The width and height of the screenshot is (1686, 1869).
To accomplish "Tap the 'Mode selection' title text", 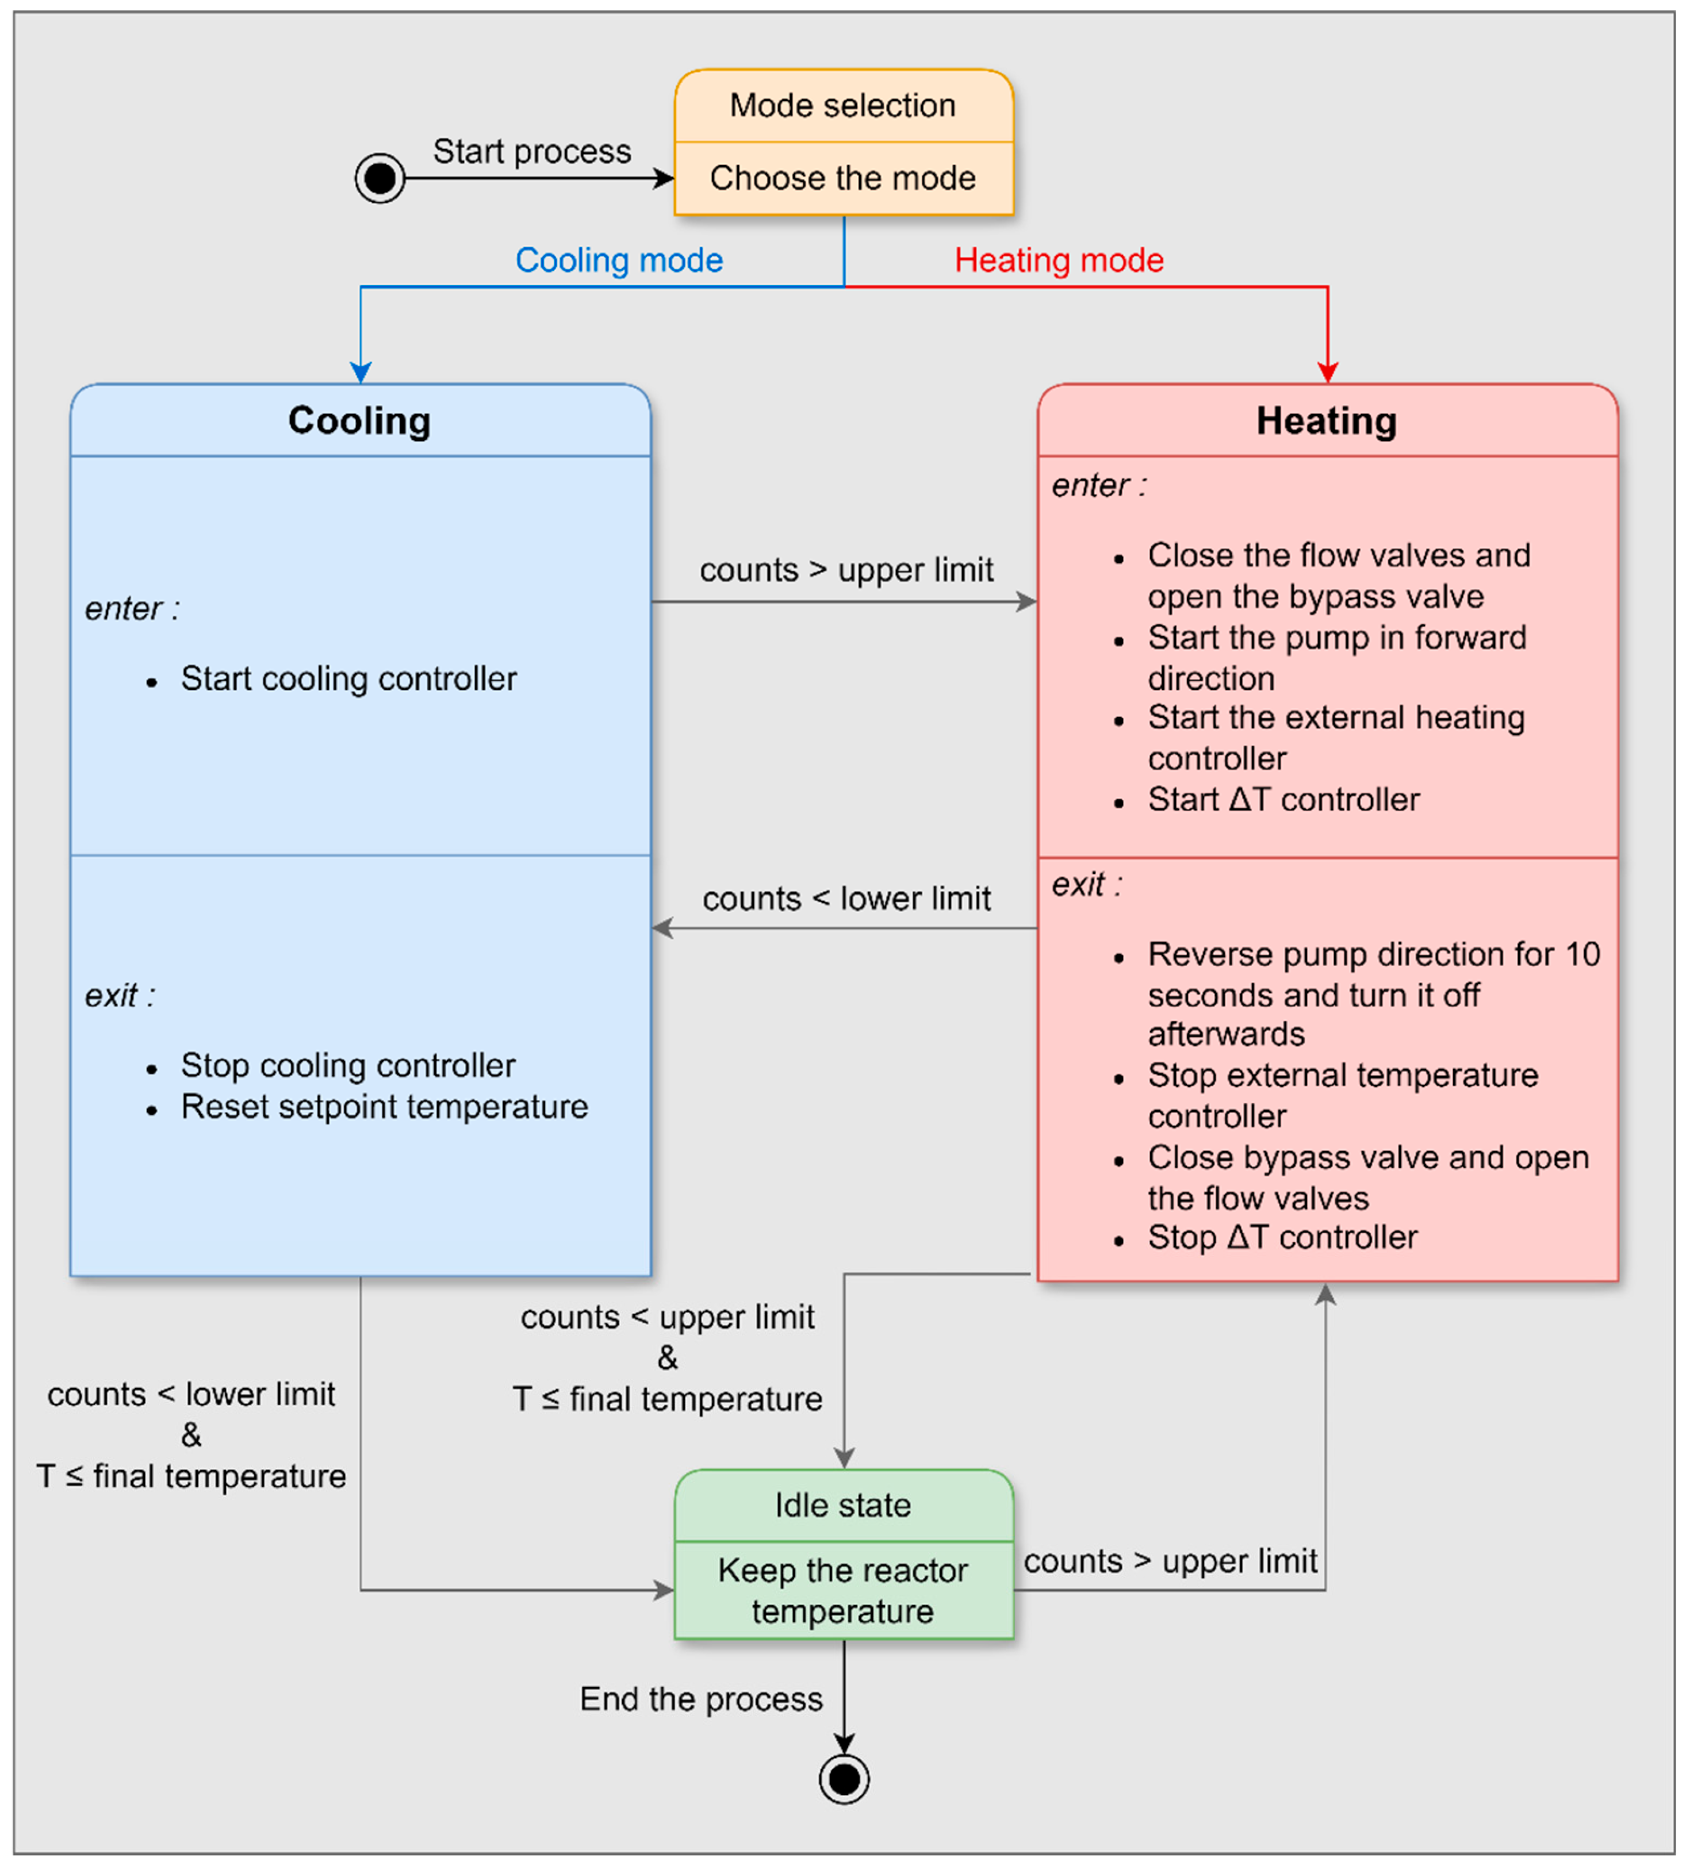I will point(842,106).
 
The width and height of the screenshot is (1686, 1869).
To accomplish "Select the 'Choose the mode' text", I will point(842,178).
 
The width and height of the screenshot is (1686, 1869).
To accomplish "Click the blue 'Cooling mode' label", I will point(619,260).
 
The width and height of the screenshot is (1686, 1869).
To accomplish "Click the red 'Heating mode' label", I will point(1059,260).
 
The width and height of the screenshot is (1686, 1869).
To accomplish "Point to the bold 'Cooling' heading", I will point(359,421).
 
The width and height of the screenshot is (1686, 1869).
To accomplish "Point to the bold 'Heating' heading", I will point(1327,421).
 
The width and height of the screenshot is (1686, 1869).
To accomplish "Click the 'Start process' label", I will point(532,151).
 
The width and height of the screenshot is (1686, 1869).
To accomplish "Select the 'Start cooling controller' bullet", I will point(348,679).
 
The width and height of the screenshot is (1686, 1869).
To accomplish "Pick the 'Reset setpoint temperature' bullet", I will point(384,1107).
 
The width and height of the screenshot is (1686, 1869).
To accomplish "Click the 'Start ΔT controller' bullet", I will point(1283,799).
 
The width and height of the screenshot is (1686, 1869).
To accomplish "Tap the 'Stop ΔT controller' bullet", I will point(1282,1237).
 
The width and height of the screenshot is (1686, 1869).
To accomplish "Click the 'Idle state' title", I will point(842,1506).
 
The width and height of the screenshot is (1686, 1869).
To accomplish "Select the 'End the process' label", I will point(702,1699).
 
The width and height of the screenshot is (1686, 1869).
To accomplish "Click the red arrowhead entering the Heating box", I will point(1328,373).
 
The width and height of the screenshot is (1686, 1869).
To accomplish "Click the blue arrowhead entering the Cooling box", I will point(361,373).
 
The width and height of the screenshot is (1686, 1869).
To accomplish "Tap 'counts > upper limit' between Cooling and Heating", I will point(846,570).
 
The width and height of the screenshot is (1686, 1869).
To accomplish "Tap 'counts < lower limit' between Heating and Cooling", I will point(846,899).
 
